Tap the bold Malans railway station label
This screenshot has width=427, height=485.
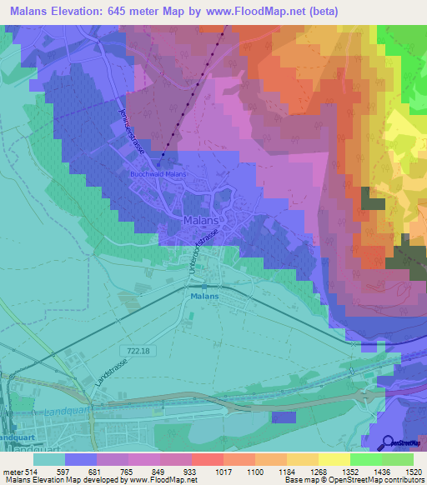tap(203, 296)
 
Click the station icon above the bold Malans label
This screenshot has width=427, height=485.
tap(203, 286)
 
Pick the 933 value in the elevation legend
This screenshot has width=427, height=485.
tap(191, 471)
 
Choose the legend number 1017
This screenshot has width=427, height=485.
tap(223, 471)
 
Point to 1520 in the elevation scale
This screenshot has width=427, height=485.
tap(413, 471)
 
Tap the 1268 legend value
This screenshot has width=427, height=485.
tap(318, 471)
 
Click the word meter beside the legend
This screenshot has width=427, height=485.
tap(12, 471)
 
